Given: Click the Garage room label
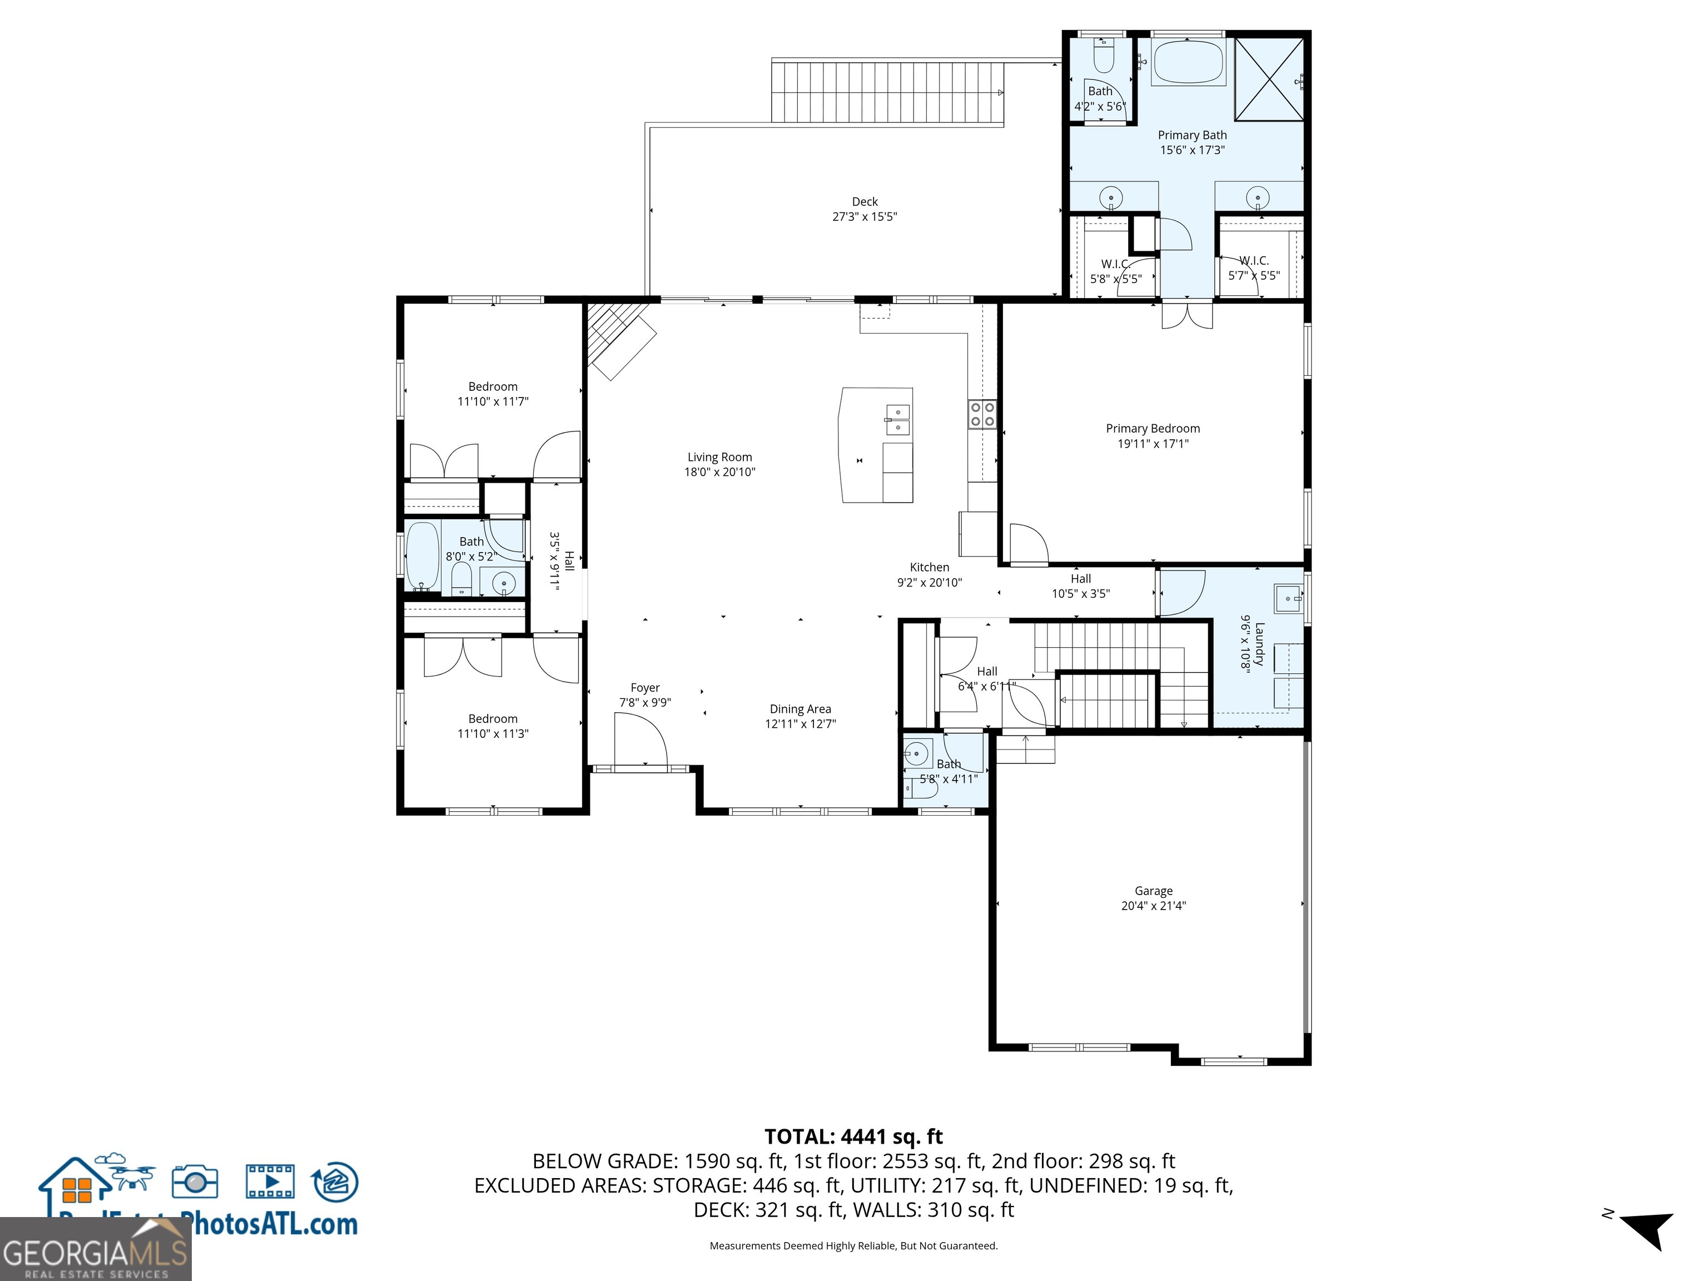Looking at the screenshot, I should tap(1153, 890).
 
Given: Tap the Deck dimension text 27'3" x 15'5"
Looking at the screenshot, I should tap(864, 217).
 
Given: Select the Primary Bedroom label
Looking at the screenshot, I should tap(1152, 429).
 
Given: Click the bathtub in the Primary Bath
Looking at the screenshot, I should tap(1188, 62).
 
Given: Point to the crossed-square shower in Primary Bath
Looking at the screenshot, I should tap(1269, 80).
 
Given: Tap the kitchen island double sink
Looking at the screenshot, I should tap(897, 420).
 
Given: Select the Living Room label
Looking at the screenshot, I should tap(719, 457).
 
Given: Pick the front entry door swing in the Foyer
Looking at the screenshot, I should tap(641, 739).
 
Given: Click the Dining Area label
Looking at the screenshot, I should tap(800, 709).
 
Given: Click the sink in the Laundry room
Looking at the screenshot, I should tap(1287, 598).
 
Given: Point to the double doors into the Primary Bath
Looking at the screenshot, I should tap(1187, 316).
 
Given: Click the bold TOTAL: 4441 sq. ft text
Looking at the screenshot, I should tap(853, 1136).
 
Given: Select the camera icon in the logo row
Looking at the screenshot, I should tap(195, 1181).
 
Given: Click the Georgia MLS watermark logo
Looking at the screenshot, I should tap(95, 1252).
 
